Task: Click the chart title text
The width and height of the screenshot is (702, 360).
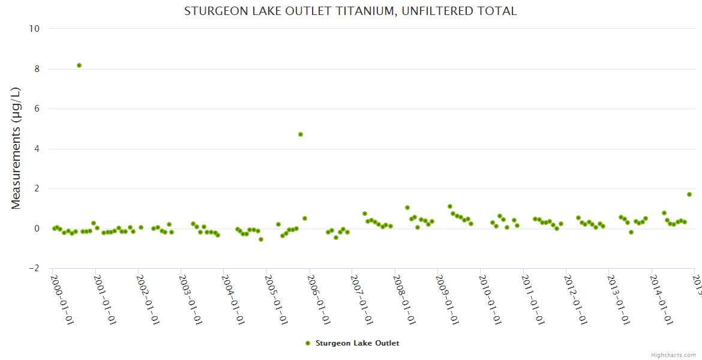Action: point(350,11)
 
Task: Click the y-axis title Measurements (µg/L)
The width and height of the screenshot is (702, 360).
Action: point(16,148)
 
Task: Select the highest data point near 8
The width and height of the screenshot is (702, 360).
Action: point(79,65)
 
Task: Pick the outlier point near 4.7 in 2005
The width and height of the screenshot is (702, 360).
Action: point(301,134)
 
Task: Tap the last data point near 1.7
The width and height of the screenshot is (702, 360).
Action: point(689,194)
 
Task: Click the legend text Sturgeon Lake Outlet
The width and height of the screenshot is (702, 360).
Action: point(357,343)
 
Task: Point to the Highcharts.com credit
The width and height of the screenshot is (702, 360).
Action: point(674,355)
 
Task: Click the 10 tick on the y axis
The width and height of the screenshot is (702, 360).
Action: point(34,29)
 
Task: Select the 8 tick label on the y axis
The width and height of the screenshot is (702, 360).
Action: point(37,69)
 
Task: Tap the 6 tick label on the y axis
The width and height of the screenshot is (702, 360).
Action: point(37,109)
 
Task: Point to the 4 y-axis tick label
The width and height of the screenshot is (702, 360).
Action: point(37,149)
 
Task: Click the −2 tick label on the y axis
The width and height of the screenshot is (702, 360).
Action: point(34,268)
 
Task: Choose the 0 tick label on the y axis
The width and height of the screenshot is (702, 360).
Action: point(37,229)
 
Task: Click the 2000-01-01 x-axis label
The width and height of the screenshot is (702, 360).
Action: point(62,299)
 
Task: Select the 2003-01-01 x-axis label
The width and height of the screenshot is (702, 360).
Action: point(190,299)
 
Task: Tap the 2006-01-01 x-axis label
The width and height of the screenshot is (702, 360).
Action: point(319,299)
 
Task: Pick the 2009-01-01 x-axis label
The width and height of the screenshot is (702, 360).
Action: point(447,299)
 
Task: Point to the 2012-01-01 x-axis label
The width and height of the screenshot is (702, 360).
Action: point(575,299)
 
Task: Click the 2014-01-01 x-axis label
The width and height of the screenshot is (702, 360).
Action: point(661,299)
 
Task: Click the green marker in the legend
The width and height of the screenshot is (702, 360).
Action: point(308,343)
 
